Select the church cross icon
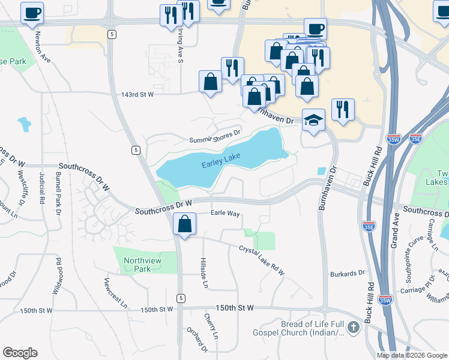[354, 328]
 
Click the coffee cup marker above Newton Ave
[32, 12]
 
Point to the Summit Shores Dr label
[214, 136]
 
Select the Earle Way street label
[225, 213]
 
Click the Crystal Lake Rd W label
[261, 260]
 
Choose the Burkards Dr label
[348, 274]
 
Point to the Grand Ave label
[395, 230]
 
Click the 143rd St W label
[137, 94]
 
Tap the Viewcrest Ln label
[115, 292]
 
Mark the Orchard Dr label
[197, 338]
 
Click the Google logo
[20, 353]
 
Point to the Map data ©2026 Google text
[412, 355]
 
